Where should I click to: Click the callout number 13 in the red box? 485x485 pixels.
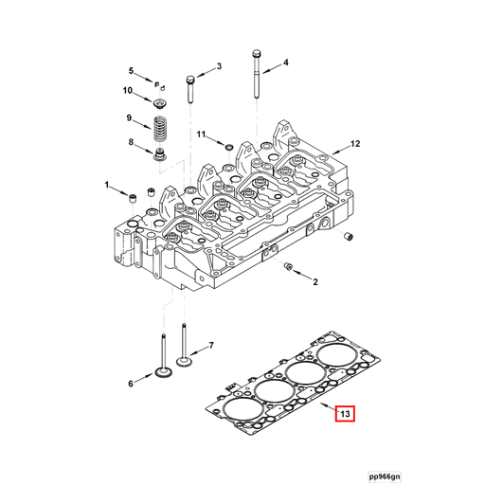(345, 413)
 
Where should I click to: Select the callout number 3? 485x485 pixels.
(218, 66)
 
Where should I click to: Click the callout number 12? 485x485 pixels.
(355, 144)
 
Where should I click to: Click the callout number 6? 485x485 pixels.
(131, 383)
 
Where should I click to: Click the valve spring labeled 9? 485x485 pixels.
(159, 124)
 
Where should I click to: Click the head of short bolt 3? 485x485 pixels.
(190, 77)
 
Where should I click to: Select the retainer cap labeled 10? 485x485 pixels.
(159, 100)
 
